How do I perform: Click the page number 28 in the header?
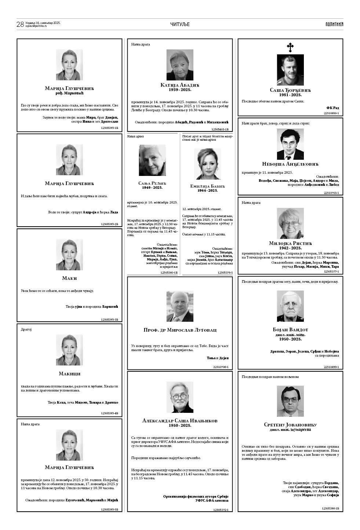click(20, 24)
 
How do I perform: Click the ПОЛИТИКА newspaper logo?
click(334, 24)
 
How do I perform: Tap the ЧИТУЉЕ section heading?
click(180, 24)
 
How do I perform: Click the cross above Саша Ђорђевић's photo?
click(290, 47)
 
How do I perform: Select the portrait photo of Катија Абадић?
click(180, 65)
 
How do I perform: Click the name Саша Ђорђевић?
click(290, 90)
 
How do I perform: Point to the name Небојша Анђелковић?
click(290, 164)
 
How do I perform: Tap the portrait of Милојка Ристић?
click(290, 224)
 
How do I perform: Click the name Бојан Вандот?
click(290, 330)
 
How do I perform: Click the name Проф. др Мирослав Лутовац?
click(180, 330)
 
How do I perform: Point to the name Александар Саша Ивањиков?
click(180, 421)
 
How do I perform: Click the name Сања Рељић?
click(152, 183)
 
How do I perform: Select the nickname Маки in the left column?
click(69, 278)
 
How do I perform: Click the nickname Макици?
click(69, 374)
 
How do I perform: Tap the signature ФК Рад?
click(332, 108)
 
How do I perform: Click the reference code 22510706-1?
click(221, 367)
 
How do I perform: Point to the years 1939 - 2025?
click(180, 90)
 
